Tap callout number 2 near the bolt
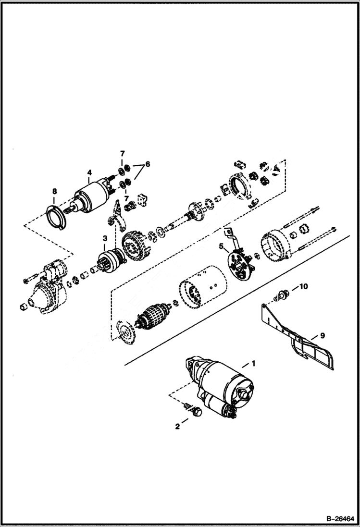click(x=177, y=426)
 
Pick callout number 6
click(x=148, y=164)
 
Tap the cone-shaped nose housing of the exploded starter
click(x=43, y=298)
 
